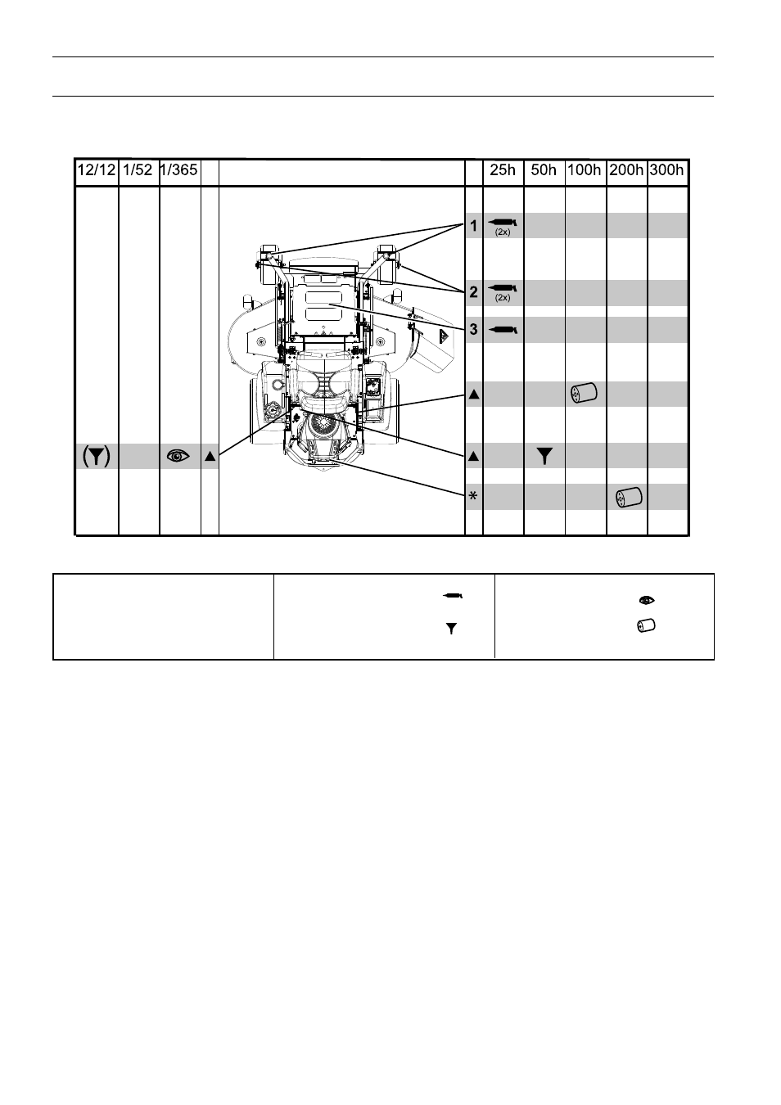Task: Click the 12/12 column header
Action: (97, 170)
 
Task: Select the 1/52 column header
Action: (138, 170)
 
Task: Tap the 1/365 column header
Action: (178, 170)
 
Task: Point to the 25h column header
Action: (503, 170)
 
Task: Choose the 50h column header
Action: (544, 170)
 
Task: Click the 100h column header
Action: (585, 170)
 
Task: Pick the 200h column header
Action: (626, 170)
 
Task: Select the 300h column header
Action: (666, 170)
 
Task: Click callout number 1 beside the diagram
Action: (474, 226)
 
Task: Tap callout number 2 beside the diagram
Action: (474, 292)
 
